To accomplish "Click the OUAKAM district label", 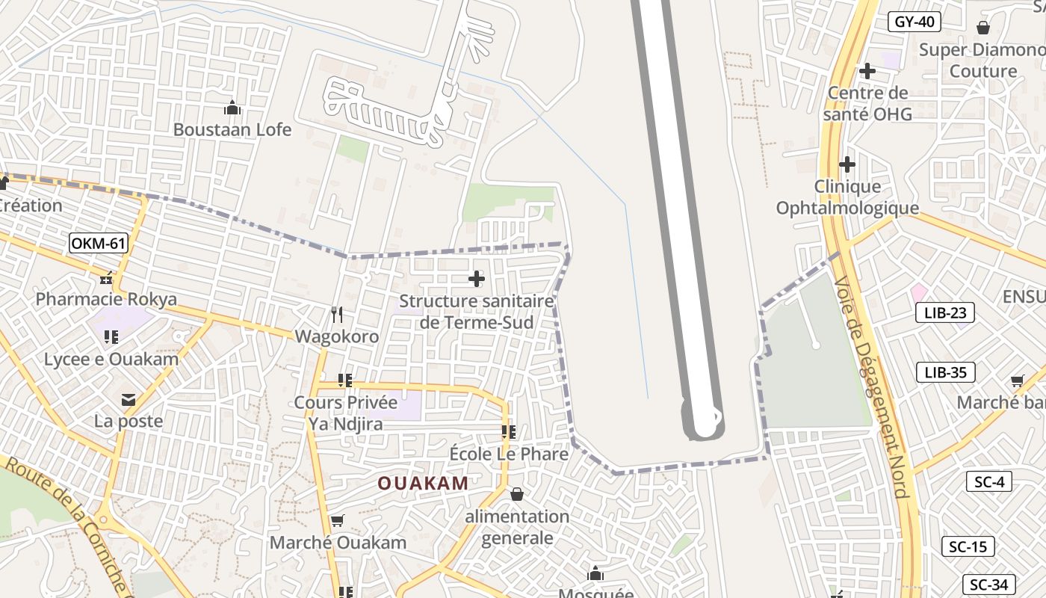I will pyautogui.click(x=423, y=484).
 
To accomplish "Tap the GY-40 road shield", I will pyautogui.click(x=915, y=22).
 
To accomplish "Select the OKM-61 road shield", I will pyautogui.click(x=99, y=243).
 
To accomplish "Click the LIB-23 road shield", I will pyautogui.click(x=945, y=312).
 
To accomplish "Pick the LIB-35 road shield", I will pyautogui.click(x=945, y=372).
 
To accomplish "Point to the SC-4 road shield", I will pyautogui.click(x=989, y=481).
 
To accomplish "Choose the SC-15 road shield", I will pyautogui.click(x=968, y=546).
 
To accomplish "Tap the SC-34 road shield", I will pyautogui.click(x=989, y=584).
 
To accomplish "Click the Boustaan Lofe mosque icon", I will pyautogui.click(x=232, y=108).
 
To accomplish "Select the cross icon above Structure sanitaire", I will pyautogui.click(x=476, y=280).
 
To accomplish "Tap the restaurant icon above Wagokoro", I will pyautogui.click(x=337, y=315).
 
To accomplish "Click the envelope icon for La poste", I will pyautogui.click(x=129, y=400).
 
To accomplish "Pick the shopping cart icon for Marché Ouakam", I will pyautogui.click(x=337, y=521).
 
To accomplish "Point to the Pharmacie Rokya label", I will pyautogui.click(x=106, y=300).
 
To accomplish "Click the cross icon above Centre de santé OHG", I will pyautogui.click(x=867, y=71).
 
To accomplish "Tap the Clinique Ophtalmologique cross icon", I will pyautogui.click(x=847, y=164).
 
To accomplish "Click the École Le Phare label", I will pyautogui.click(x=509, y=454).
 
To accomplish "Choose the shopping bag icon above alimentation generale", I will pyautogui.click(x=516, y=494).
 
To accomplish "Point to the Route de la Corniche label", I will pyautogui.click(x=67, y=523).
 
